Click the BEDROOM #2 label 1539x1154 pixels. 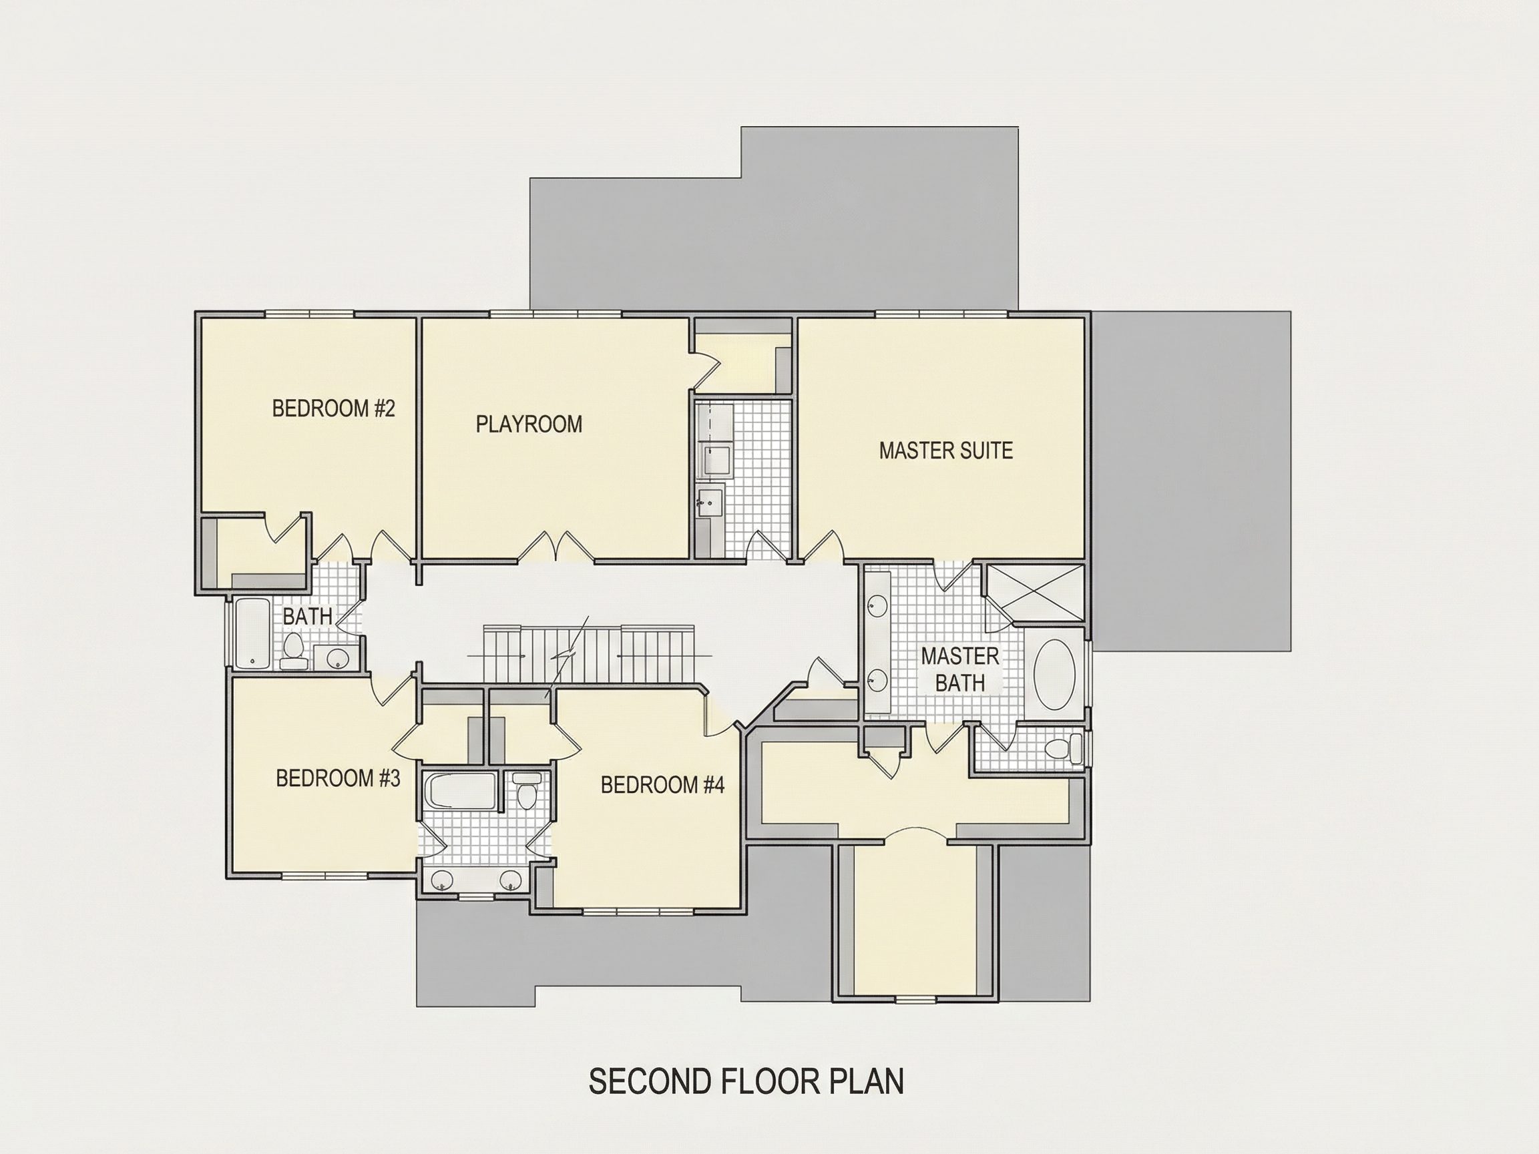tap(333, 408)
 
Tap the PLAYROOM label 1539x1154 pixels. tap(529, 424)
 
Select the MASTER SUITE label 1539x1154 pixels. tap(945, 451)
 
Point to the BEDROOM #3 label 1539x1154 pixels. tap(338, 778)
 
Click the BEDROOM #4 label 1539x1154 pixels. tap(662, 785)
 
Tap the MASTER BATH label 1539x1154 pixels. tap(959, 669)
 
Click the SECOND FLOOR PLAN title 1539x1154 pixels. tap(746, 1082)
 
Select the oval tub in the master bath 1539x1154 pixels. tap(1055, 674)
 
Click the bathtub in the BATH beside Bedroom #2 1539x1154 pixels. tap(251, 633)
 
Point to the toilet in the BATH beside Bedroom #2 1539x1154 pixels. tap(294, 650)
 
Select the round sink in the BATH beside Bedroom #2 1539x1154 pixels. tap(338, 657)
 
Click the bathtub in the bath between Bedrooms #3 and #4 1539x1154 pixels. tap(461, 792)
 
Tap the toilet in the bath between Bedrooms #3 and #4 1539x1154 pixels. tap(527, 790)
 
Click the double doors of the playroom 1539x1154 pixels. tap(556, 546)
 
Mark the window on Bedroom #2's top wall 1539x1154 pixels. tap(310, 314)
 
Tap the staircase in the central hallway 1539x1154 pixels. tap(590, 654)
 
